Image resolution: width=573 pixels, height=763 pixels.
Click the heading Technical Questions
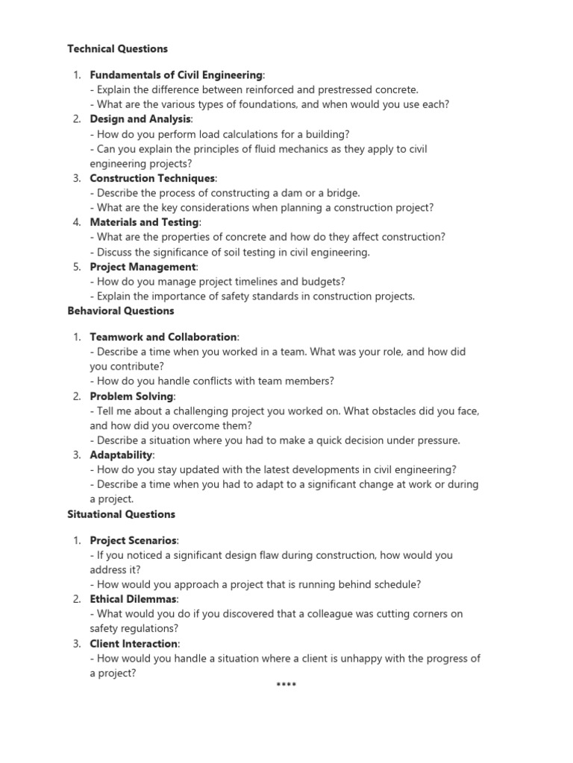pos(117,49)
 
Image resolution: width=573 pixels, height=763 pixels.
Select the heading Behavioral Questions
pos(121,311)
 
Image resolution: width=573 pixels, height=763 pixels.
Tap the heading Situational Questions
pos(122,514)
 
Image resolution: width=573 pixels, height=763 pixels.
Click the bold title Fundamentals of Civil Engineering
pos(176,75)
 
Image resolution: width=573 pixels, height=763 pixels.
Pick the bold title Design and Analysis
pos(140,119)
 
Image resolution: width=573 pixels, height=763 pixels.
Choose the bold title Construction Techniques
pos(152,178)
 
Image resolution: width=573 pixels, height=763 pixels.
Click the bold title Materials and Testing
pos(145,222)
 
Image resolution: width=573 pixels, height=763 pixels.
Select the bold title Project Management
pos(143,267)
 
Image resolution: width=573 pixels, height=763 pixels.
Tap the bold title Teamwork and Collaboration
pos(163,337)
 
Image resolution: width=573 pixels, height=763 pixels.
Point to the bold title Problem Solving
pos(131,396)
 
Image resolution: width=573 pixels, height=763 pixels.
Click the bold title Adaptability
pos(122,455)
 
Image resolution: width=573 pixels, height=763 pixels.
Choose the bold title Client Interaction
pos(134,643)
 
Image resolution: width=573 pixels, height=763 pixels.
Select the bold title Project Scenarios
pos(134,540)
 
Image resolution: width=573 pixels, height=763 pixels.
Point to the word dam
pos(291,193)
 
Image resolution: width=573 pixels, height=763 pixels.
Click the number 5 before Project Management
pos(77,267)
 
